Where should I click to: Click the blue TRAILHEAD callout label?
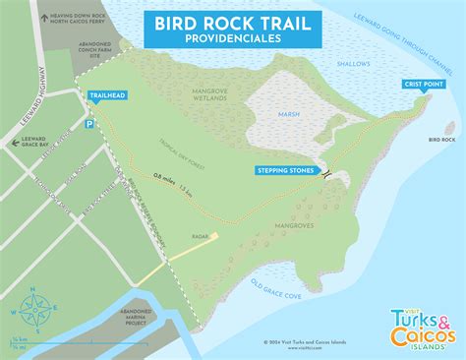click(105, 96)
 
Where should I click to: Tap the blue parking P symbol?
click(88, 125)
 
